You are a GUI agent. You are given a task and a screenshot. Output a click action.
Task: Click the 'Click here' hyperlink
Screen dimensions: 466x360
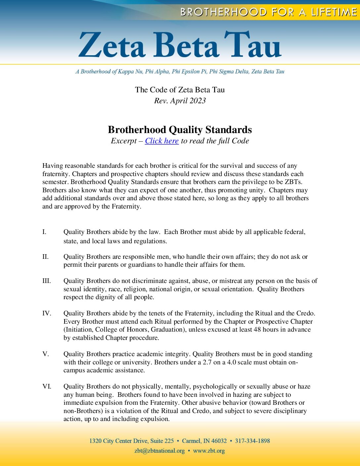pos(162,141)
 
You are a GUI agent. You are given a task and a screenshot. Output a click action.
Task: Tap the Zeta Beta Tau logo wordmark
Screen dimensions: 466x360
pos(180,45)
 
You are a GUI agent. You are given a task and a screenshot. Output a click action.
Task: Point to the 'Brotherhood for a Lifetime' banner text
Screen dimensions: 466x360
pos(268,12)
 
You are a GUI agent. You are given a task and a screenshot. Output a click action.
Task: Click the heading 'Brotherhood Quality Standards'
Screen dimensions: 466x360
pos(180,130)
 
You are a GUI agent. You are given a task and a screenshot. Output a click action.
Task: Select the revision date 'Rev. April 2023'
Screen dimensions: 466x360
pos(180,101)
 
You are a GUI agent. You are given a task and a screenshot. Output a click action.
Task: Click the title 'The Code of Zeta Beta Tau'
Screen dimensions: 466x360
pos(180,90)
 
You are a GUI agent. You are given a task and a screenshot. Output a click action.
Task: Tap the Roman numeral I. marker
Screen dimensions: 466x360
pos(44,232)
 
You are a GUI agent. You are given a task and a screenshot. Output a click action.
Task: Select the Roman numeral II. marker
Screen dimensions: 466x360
pos(45,257)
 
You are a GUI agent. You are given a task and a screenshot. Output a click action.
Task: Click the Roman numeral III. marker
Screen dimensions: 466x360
pos(47,281)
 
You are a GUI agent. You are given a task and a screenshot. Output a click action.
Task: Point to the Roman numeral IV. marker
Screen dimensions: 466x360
pos(47,313)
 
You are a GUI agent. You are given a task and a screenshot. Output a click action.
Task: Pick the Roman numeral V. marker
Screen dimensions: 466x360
pos(46,354)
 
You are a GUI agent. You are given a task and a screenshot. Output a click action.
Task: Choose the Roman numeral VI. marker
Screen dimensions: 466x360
pos(47,387)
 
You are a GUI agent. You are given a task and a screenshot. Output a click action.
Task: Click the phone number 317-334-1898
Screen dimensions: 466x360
pos(252,441)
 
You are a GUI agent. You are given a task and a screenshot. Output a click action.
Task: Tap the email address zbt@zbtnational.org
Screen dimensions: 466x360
pos(159,451)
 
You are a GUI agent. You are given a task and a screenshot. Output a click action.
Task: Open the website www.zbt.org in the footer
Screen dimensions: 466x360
pos(209,451)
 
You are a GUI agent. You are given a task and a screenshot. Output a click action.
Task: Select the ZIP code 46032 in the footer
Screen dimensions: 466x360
pos(219,441)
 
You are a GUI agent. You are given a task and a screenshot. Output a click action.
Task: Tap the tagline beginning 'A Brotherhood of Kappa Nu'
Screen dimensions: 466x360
pos(180,71)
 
